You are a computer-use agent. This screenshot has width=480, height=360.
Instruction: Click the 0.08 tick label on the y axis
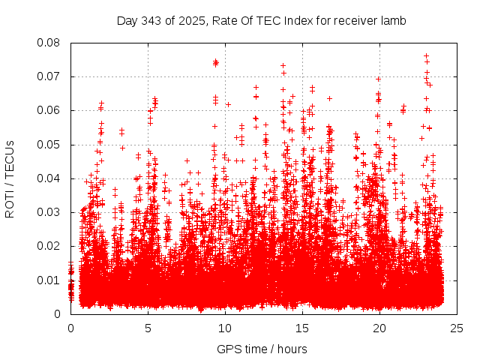51,43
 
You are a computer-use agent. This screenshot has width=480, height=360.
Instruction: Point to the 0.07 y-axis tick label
51,76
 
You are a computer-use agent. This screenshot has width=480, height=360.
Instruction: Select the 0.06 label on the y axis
51,110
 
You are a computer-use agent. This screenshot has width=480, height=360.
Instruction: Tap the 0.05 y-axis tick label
51,145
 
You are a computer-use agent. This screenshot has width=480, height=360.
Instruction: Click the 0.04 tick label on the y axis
51,178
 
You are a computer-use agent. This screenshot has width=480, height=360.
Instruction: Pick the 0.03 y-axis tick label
51,212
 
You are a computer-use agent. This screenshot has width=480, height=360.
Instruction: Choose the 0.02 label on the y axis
51,246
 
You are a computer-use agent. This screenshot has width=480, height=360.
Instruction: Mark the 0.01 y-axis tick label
51,280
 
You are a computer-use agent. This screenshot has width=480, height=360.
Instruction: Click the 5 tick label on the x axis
148,328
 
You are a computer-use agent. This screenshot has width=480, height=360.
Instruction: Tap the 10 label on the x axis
225,328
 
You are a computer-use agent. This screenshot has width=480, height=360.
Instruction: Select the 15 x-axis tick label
302,328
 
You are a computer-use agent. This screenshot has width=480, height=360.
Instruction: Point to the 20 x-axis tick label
379,328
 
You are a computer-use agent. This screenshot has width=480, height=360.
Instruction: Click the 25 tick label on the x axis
457,328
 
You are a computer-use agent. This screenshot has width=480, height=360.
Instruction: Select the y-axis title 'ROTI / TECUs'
10,178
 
